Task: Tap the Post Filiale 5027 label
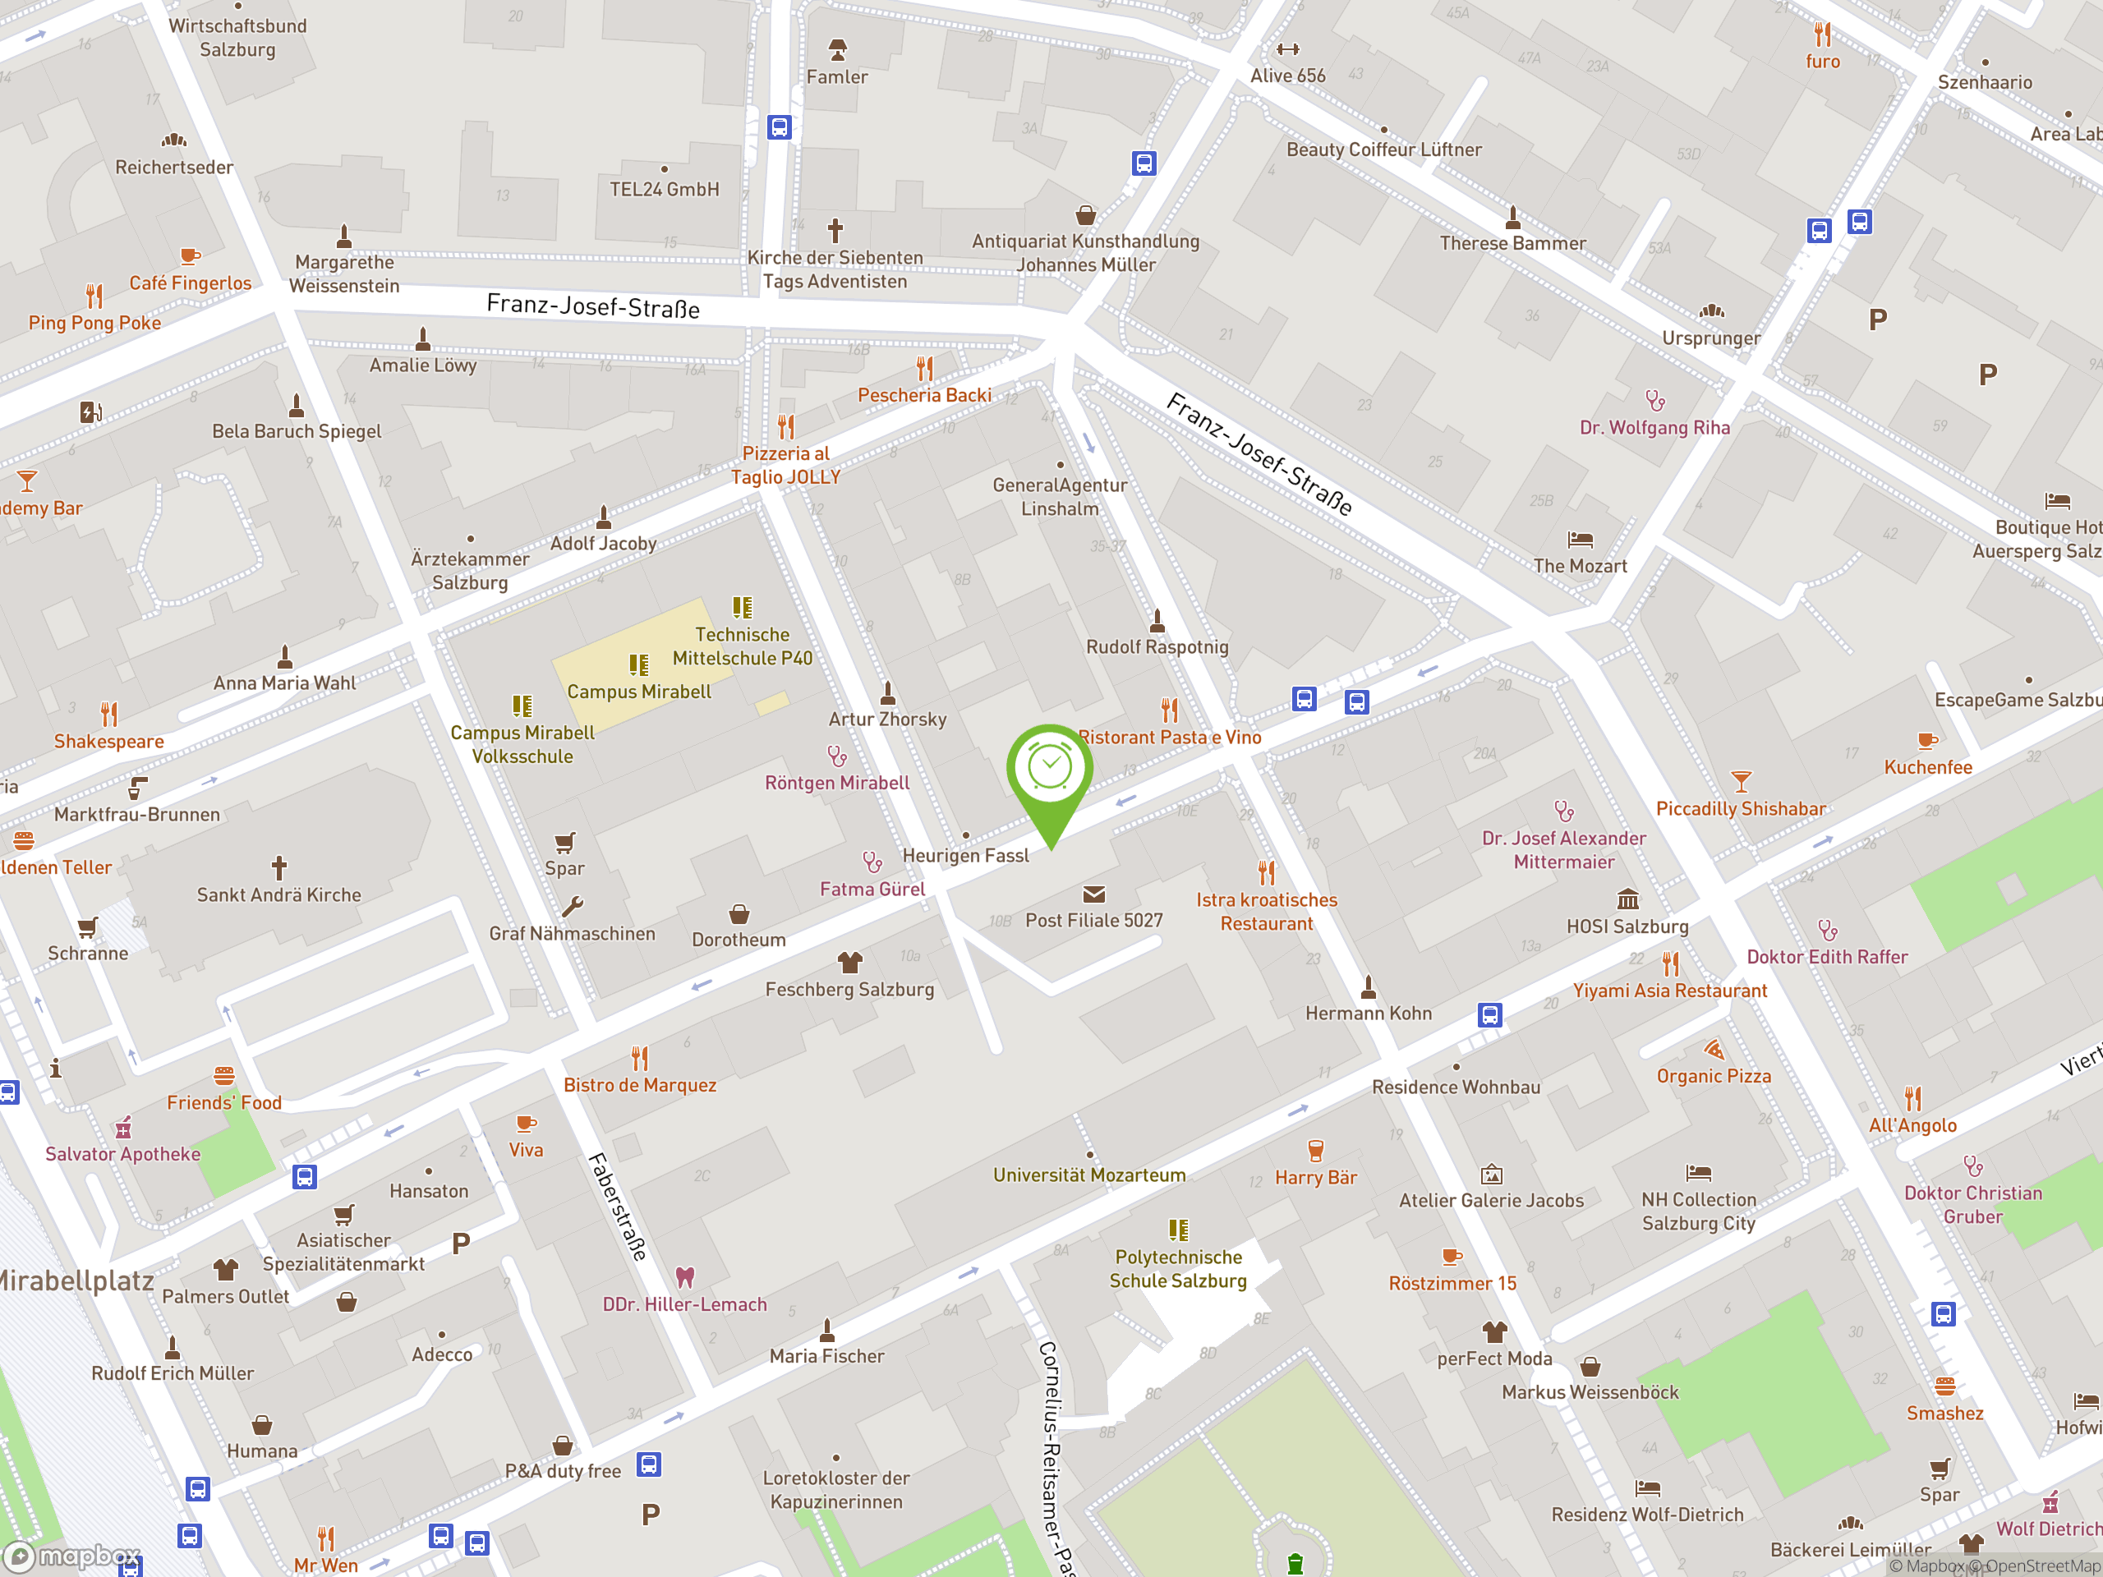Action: pos(1093,920)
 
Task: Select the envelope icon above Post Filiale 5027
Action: pos(1093,894)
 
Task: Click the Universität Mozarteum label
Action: pos(1089,1175)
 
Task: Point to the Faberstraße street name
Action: pos(617,1207)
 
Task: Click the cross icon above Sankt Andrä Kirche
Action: pos(278,867)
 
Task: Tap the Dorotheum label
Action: pos(739,939)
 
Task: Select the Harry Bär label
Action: pos(1316,1177)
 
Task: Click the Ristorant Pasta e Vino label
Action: pos(1170,737)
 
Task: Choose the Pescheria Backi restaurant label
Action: pos(924,394)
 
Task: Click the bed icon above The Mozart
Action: pos(1580,540)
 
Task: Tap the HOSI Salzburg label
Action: pos(1627,926)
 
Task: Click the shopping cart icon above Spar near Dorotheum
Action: pos(564,842)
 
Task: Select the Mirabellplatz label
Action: pos(76,1280)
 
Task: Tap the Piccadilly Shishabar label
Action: pos(1741,808)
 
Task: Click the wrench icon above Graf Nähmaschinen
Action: pos(573,906)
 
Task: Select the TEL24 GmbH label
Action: pos(664,189)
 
